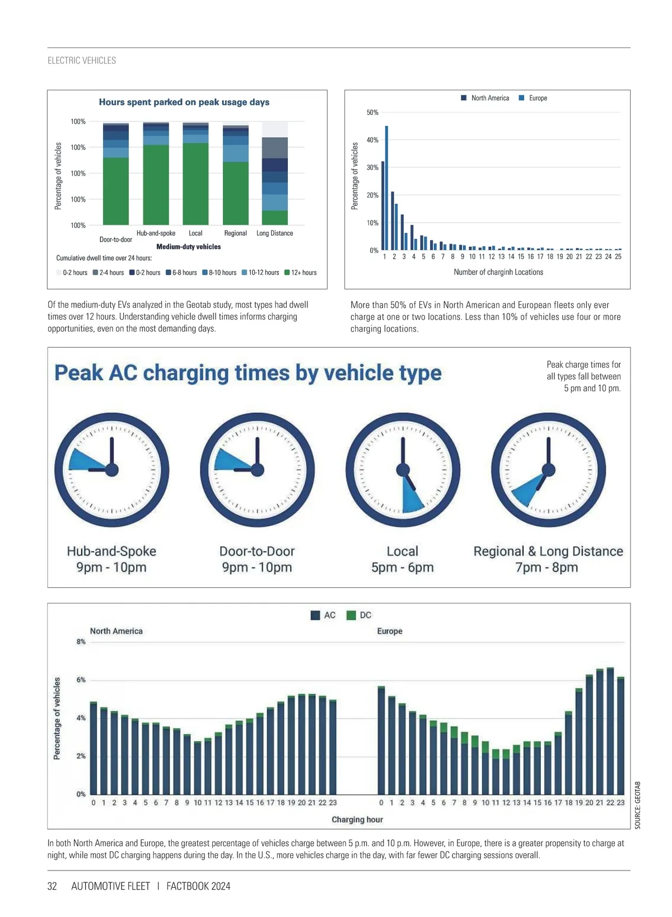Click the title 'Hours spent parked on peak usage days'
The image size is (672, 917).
point(184,102)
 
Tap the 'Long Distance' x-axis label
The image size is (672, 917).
point(274,233)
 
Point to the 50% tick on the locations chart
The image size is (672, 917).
point(372,113)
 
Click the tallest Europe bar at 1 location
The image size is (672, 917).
point(386,188)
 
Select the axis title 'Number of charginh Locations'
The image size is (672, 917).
point(498,272)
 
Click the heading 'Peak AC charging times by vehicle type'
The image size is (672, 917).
point(248,373)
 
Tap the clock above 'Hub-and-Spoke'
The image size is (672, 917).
point(112,469)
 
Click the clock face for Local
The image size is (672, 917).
point(403,469)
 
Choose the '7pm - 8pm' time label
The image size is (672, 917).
point(547,567)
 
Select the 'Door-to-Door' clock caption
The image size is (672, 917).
point(257,551)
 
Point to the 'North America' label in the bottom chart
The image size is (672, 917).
point(116,631)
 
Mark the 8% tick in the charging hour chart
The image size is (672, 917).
point(81,642)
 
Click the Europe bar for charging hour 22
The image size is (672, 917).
point(610,731)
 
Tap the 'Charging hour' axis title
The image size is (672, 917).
point(357,820)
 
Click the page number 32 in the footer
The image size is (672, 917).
point(52,886)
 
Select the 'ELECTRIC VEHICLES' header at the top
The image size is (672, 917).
point(82,60)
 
